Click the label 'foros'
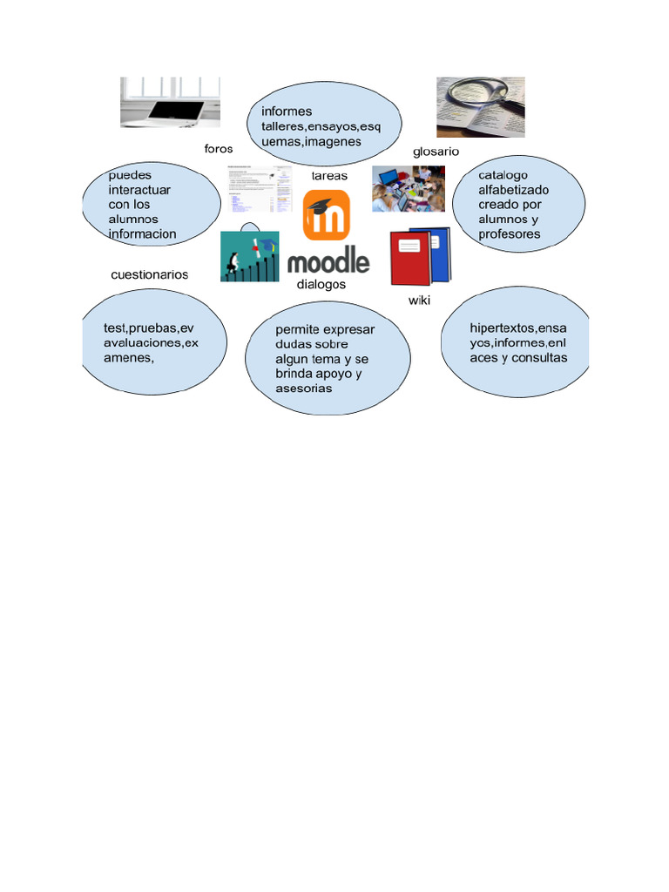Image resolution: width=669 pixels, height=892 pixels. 219,149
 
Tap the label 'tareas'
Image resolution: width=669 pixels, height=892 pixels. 329,176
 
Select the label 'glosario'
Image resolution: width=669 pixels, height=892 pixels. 436,152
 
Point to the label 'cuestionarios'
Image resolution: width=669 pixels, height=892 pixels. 149,274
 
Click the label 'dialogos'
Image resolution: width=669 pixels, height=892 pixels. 321,284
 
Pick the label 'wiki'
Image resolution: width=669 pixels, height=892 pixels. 420,301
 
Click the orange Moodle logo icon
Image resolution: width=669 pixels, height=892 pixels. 327,217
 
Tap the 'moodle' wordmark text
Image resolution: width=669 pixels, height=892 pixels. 328,261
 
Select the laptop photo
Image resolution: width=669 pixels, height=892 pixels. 170,102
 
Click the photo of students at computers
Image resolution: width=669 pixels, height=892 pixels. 409,188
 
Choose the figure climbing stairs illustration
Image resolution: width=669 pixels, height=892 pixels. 249,256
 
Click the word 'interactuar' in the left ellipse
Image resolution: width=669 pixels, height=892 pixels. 139,190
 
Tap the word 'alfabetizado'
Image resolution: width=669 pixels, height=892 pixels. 514,190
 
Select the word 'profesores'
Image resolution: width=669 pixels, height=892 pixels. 510,234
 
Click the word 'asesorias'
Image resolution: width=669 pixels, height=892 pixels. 304,389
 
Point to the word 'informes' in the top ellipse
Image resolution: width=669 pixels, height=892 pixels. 287,111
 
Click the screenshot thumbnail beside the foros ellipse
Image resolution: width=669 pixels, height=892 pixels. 257,188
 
